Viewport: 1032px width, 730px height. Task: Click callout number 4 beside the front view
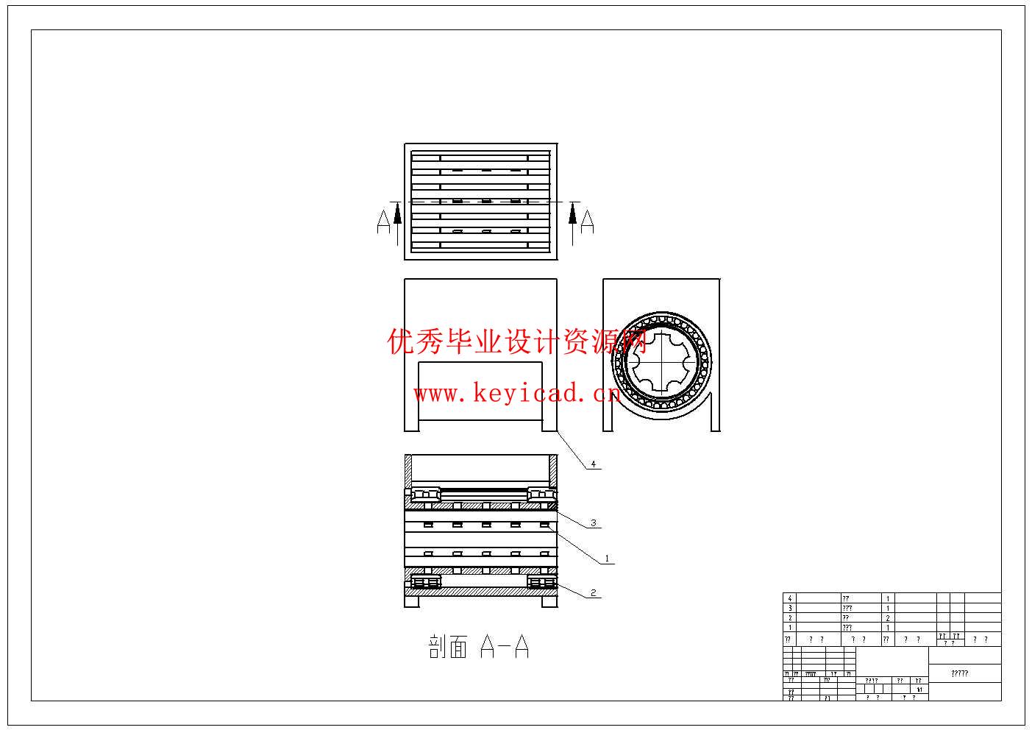(594, 464)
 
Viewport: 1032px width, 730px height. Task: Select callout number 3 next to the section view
(594, 523)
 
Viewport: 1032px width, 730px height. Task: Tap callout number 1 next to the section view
(607, 559)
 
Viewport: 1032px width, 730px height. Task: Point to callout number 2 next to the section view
(593, 592)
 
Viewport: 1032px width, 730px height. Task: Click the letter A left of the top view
(383, 222)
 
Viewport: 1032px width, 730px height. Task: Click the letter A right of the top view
(587, 222)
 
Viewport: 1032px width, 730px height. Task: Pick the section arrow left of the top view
(398, 222)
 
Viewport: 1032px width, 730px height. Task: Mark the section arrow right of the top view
(573, 222)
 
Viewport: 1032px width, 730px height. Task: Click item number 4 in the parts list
(790, 599)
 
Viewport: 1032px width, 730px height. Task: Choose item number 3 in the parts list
(790, 609)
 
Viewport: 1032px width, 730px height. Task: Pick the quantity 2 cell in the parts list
(888, 618)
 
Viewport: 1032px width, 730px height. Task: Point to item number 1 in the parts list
(790, 628)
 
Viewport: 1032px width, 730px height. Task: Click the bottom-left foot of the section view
(412, 601)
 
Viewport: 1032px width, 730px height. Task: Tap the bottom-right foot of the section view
(549, 601)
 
